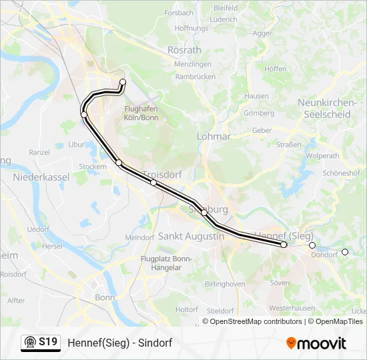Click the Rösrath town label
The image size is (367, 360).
coord(185,50)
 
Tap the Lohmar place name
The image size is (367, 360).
coord(214,136)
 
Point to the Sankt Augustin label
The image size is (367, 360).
coord(191,236)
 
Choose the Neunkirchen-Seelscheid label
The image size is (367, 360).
coord(324,108)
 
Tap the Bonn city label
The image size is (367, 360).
coord(105,297)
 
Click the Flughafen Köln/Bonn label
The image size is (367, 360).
coord(141,113)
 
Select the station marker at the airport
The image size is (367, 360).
coord(123,82)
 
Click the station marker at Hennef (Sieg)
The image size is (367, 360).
coord(284,245)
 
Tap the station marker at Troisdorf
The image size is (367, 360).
coord(153,182)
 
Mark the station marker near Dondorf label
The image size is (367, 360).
coord(312,245)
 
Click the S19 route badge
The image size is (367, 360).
coord(41,343)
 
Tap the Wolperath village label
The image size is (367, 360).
coord(324,155)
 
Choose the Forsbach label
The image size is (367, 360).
coord(179,13)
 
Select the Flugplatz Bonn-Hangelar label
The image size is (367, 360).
coord(165,263)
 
